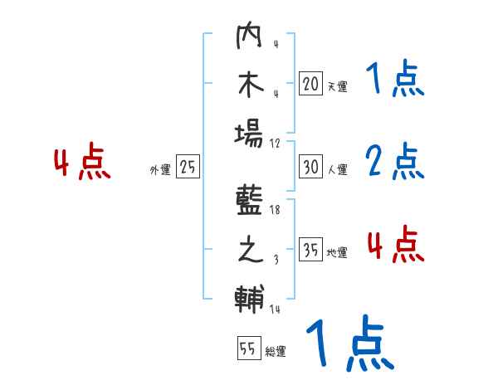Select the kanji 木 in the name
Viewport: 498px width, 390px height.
(250, 85)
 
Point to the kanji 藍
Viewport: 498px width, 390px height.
(250, 202)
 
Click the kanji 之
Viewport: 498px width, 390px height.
(250, 251)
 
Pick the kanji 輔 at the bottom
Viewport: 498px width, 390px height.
(250, 297)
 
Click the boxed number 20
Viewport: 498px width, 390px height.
(310, 83)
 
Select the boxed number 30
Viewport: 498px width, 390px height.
(310, 166)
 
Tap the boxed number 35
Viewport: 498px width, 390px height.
(310, 250)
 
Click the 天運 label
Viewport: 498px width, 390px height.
(336, 86)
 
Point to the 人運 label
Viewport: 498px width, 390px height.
(336, 170)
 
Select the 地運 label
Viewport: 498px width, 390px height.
(336, 253)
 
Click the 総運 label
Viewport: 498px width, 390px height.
(275, 352)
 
